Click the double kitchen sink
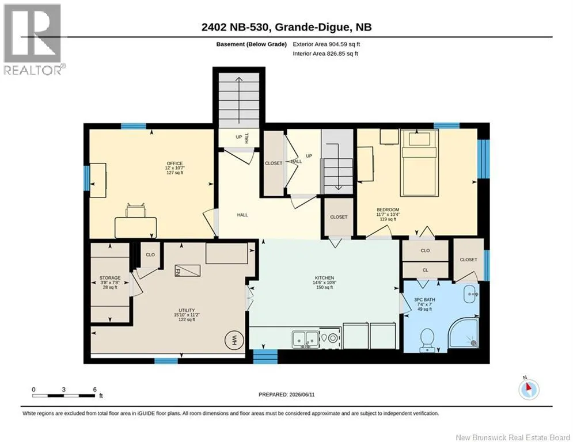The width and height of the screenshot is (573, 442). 305,339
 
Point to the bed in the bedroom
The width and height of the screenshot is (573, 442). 419,163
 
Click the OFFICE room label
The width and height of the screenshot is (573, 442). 174,163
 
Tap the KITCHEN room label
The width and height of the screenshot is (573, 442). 324,278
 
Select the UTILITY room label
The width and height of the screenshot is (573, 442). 187,310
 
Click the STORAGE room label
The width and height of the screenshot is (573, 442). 110,278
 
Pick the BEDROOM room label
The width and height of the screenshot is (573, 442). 388,209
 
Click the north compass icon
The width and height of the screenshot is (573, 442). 529,388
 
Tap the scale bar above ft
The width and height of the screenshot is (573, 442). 63,395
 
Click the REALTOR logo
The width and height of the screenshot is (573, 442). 33,39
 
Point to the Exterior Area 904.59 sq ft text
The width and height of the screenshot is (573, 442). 327,44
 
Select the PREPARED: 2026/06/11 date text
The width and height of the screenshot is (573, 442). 287,394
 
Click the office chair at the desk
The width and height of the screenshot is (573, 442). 135,210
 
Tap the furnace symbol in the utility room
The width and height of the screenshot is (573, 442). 188,270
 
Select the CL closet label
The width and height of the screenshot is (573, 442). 426,270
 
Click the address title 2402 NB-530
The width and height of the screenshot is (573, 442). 236,27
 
